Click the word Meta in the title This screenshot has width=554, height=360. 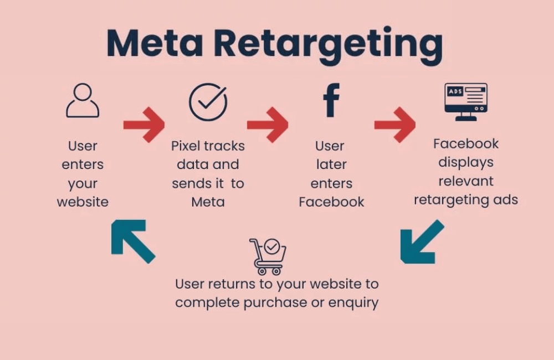tap(154, 43)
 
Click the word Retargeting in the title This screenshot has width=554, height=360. tap(328, 45)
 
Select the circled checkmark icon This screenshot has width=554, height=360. tap(208, 102)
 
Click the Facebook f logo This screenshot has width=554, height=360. tap(331, 100)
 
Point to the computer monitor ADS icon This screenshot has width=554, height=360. tap(465, 101)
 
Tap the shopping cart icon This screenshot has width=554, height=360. tap(268, 256)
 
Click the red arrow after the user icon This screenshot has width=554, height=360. tap(144, 124)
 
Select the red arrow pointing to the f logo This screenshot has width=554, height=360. tap(268, 124)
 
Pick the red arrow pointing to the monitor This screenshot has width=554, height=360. tap(394, 124)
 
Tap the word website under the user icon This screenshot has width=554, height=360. tap(83, 202)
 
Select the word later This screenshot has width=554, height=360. tap(331, 164)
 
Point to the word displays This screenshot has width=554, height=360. tap(466, 162)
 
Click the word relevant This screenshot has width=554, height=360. tap(466, 181)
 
